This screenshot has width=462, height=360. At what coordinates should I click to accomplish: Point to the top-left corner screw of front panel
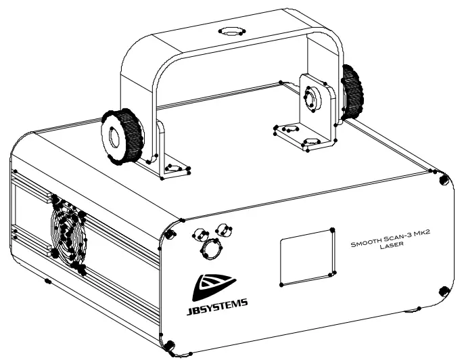pos(181,220)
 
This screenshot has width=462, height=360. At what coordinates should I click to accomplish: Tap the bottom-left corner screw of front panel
pos(171,346)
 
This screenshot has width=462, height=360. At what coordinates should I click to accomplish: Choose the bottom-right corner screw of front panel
pos(443,290)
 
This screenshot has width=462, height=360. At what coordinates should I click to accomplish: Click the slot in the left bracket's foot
pos(172,167)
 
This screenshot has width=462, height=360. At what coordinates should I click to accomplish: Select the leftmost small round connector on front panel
pos(199,234)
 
